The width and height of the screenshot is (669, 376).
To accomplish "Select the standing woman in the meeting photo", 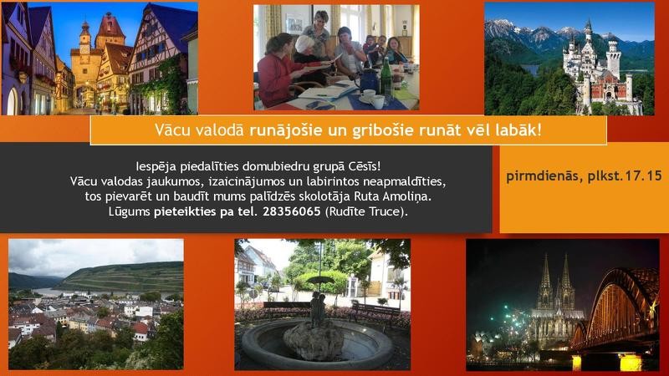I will point(321,38).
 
